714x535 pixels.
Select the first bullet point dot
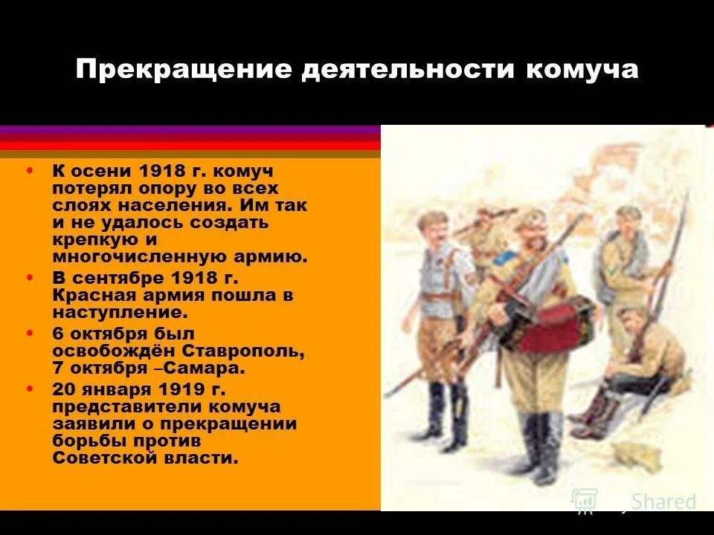point(30,170)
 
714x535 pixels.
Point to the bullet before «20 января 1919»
point(30,389)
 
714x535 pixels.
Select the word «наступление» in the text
point(111,313)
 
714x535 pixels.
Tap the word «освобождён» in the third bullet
point(106,350)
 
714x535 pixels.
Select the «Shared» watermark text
point(663,502)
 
